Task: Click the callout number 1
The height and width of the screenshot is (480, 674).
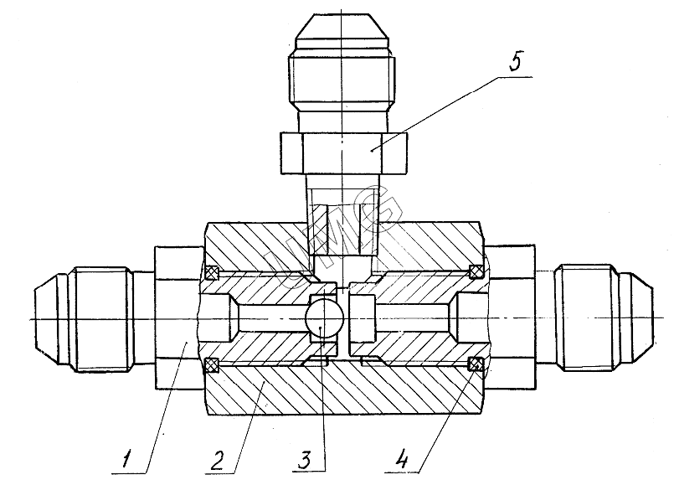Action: point(126,459)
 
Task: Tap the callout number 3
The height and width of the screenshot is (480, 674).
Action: point(304,459)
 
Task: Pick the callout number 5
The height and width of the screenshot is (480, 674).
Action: point(515,60)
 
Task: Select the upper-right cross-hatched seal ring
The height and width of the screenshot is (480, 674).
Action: point(476,271)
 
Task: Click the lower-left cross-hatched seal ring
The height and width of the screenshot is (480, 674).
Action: point(212,365)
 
